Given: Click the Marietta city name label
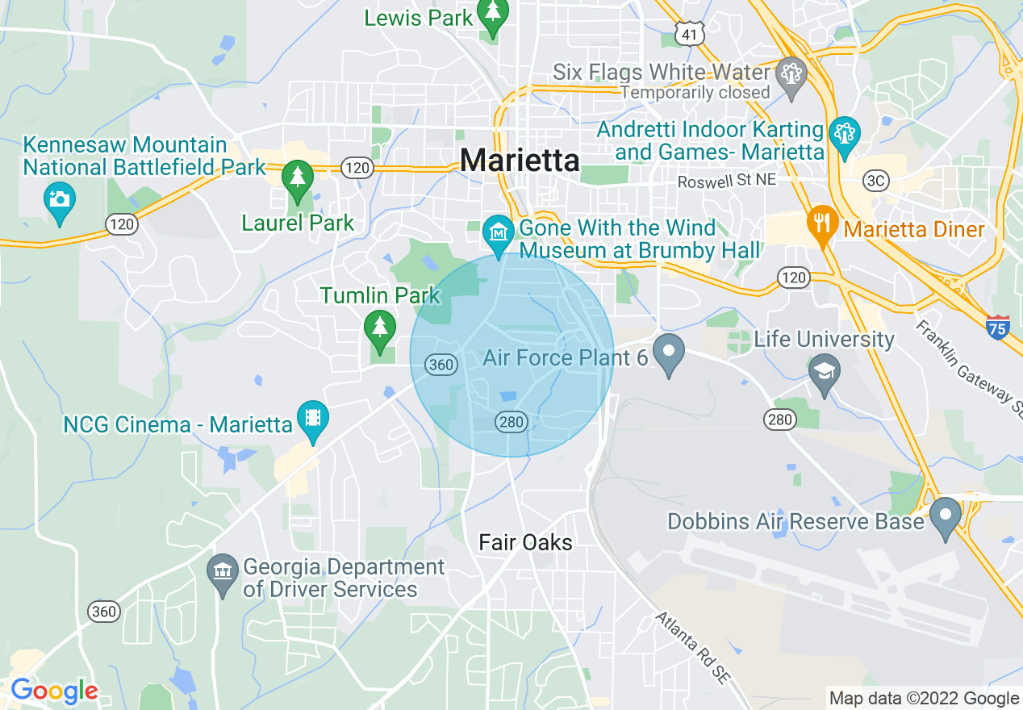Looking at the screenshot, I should (x=520, y=160).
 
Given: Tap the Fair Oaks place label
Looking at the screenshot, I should (x=525, y=542).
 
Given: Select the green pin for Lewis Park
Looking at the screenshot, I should (x=492, y=17).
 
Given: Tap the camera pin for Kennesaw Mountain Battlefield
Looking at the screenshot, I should (x=60, y=199).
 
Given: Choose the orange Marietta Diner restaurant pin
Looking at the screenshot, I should (x=822, y=225).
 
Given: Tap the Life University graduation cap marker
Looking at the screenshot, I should (x=824, y=373).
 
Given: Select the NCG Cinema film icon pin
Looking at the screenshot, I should (x=312, y=420).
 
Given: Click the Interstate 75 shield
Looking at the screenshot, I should (x=998, y=327).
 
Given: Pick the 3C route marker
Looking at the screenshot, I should (x=875, y=181).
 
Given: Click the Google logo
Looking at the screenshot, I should (x=53, y=691).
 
